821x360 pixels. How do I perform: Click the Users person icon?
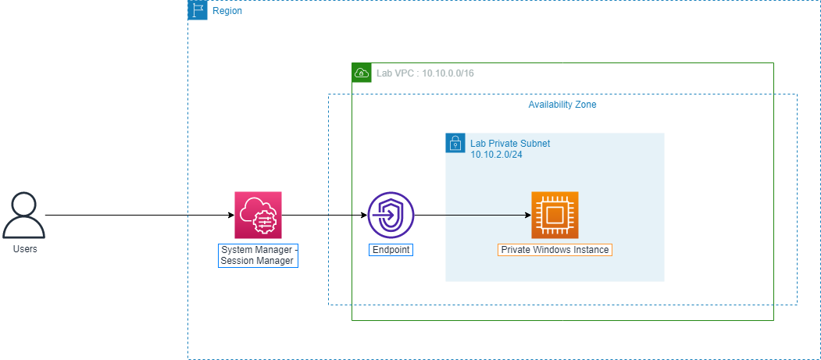coord(23,216)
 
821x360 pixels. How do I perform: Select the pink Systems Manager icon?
coord(258,215)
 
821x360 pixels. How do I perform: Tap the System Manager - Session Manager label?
coord(258,255)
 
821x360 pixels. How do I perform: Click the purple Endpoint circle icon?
coord(391,215)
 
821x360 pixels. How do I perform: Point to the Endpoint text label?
coord(391,250)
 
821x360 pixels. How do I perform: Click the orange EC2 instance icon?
coord(555,215)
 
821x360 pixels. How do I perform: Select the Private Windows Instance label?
coord(555,250)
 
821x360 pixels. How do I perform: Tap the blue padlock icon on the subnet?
coord(455,143)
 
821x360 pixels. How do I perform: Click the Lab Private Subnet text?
coord(510,144)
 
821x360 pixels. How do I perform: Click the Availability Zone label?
coord(562,105)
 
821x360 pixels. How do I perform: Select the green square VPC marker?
coord(362,73)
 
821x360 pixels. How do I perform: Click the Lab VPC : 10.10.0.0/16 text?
coord(426,73)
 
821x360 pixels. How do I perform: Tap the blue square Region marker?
coord(198,10)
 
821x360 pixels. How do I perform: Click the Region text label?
coord(227,11)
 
